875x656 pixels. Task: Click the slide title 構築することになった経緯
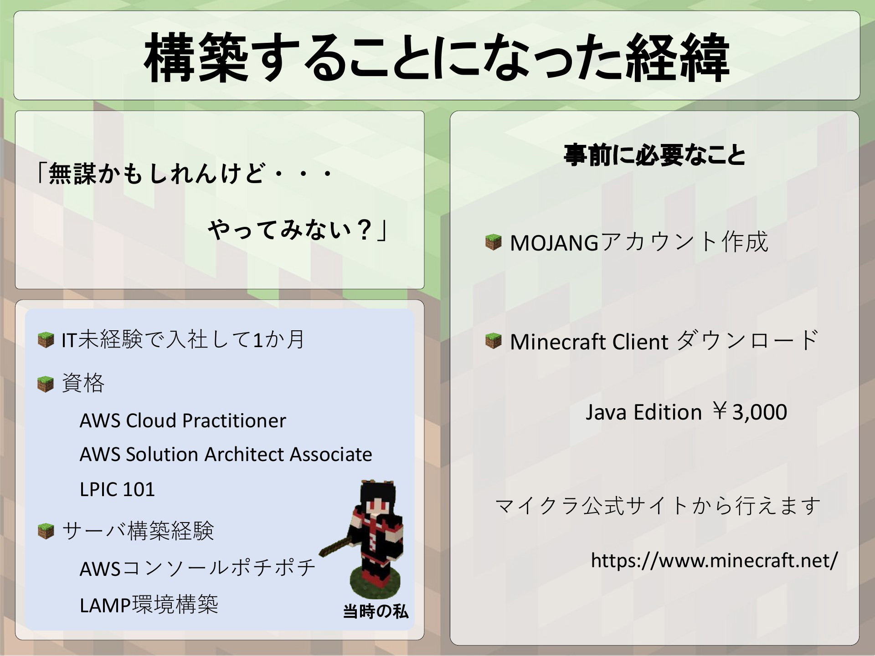point(437,58)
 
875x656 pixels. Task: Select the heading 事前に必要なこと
point(654,155)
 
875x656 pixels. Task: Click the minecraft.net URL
point(714,560)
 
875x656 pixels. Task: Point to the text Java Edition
point(643,412)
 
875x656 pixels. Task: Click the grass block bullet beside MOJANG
point(493,242)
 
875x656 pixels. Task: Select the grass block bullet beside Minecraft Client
point(493,340)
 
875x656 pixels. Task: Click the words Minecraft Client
point(589,342)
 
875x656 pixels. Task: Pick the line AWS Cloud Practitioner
point(183,420)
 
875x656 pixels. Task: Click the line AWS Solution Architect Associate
point(226,454)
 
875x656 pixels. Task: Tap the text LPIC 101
point(117,489)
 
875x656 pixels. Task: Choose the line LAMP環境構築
point(149,605)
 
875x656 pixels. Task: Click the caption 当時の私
point(376,611)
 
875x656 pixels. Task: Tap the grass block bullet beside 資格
point(46,384)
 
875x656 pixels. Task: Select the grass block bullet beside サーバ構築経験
point(46,531)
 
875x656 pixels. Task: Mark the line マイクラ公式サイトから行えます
point(658,506)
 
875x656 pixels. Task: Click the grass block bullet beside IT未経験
point(46,340)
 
